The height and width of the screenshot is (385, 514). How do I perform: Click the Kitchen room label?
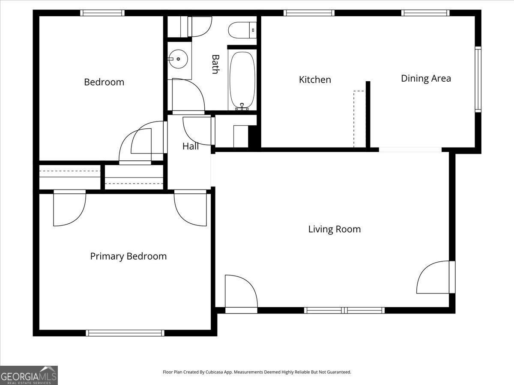click(315, 80)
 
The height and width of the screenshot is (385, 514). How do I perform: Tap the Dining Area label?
click(426, 78)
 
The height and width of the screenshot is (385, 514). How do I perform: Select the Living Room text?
click(335, 229)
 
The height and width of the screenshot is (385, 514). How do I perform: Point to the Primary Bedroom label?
click(128, 256)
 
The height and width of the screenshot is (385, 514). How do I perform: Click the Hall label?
click(191, 146)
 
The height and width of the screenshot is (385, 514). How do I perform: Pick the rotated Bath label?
click(215, 64)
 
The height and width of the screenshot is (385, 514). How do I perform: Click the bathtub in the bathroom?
click(242, 80)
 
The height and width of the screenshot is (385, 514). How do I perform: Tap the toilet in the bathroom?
click(242, 30)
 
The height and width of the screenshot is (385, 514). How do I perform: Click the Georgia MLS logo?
click(29, 375)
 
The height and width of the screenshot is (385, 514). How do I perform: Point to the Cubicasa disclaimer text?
click(257, 372)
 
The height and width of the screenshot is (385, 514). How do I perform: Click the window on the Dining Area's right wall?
click(478, 79)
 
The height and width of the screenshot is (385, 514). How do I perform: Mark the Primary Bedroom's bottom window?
click(125, 333)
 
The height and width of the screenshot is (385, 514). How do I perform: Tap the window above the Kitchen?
click(309, 13)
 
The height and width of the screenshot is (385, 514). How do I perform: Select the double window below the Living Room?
click(344, 310)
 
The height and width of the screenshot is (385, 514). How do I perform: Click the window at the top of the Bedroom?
click(103, 13)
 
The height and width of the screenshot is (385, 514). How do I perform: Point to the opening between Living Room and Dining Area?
click(410, 150)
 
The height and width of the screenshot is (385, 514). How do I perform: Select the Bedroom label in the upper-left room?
click(104, 82)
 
